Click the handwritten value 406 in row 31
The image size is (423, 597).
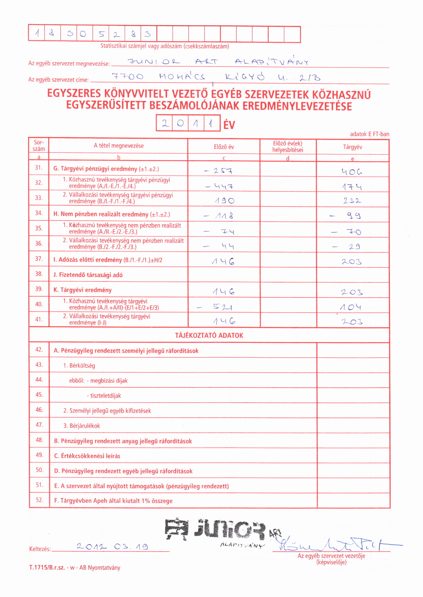click(x=352, y=172)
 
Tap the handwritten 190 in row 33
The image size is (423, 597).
click(x=225, y=201)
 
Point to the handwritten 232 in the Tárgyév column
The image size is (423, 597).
click(x=352, y=201)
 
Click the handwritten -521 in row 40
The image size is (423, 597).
click(x=215, y=307)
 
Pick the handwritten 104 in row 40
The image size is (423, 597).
click(x=351, y=307)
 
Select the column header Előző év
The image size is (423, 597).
click(x=224, y=147)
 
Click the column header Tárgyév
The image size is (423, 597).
click(x=353, y=147)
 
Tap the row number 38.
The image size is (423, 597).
click(x=39, y=274)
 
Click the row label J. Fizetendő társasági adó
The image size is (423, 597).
click(x=88, y=275)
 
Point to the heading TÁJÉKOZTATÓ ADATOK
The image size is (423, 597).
click(x=209, y=335)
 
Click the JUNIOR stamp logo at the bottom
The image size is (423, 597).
click(x=215, y=530)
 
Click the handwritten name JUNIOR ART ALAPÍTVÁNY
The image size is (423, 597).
click(x=218, y=62)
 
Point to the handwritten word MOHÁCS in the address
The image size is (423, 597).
click(x=182, y=77)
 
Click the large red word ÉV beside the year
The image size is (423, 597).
click(x=229, y=124)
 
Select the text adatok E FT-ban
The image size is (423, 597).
click(x=369, y=134)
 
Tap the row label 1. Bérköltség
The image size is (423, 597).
click(x=79, y=366)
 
